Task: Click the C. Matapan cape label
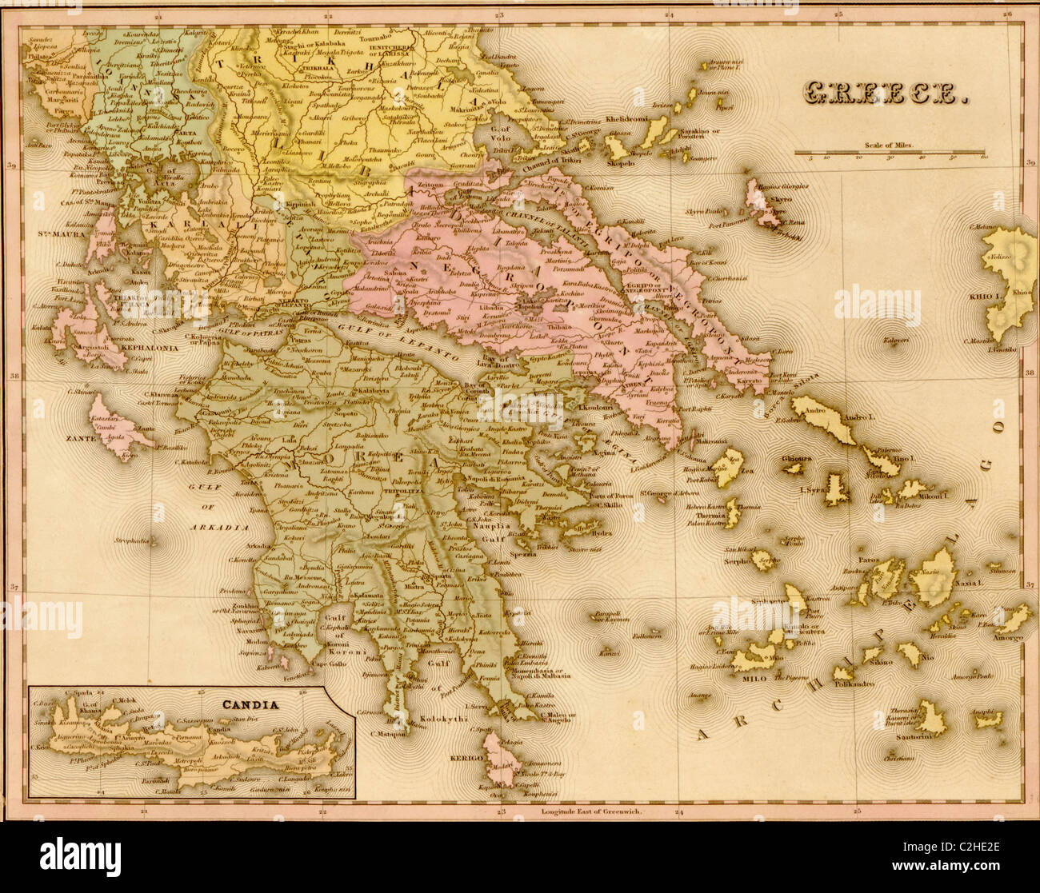(x=390, y=733)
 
